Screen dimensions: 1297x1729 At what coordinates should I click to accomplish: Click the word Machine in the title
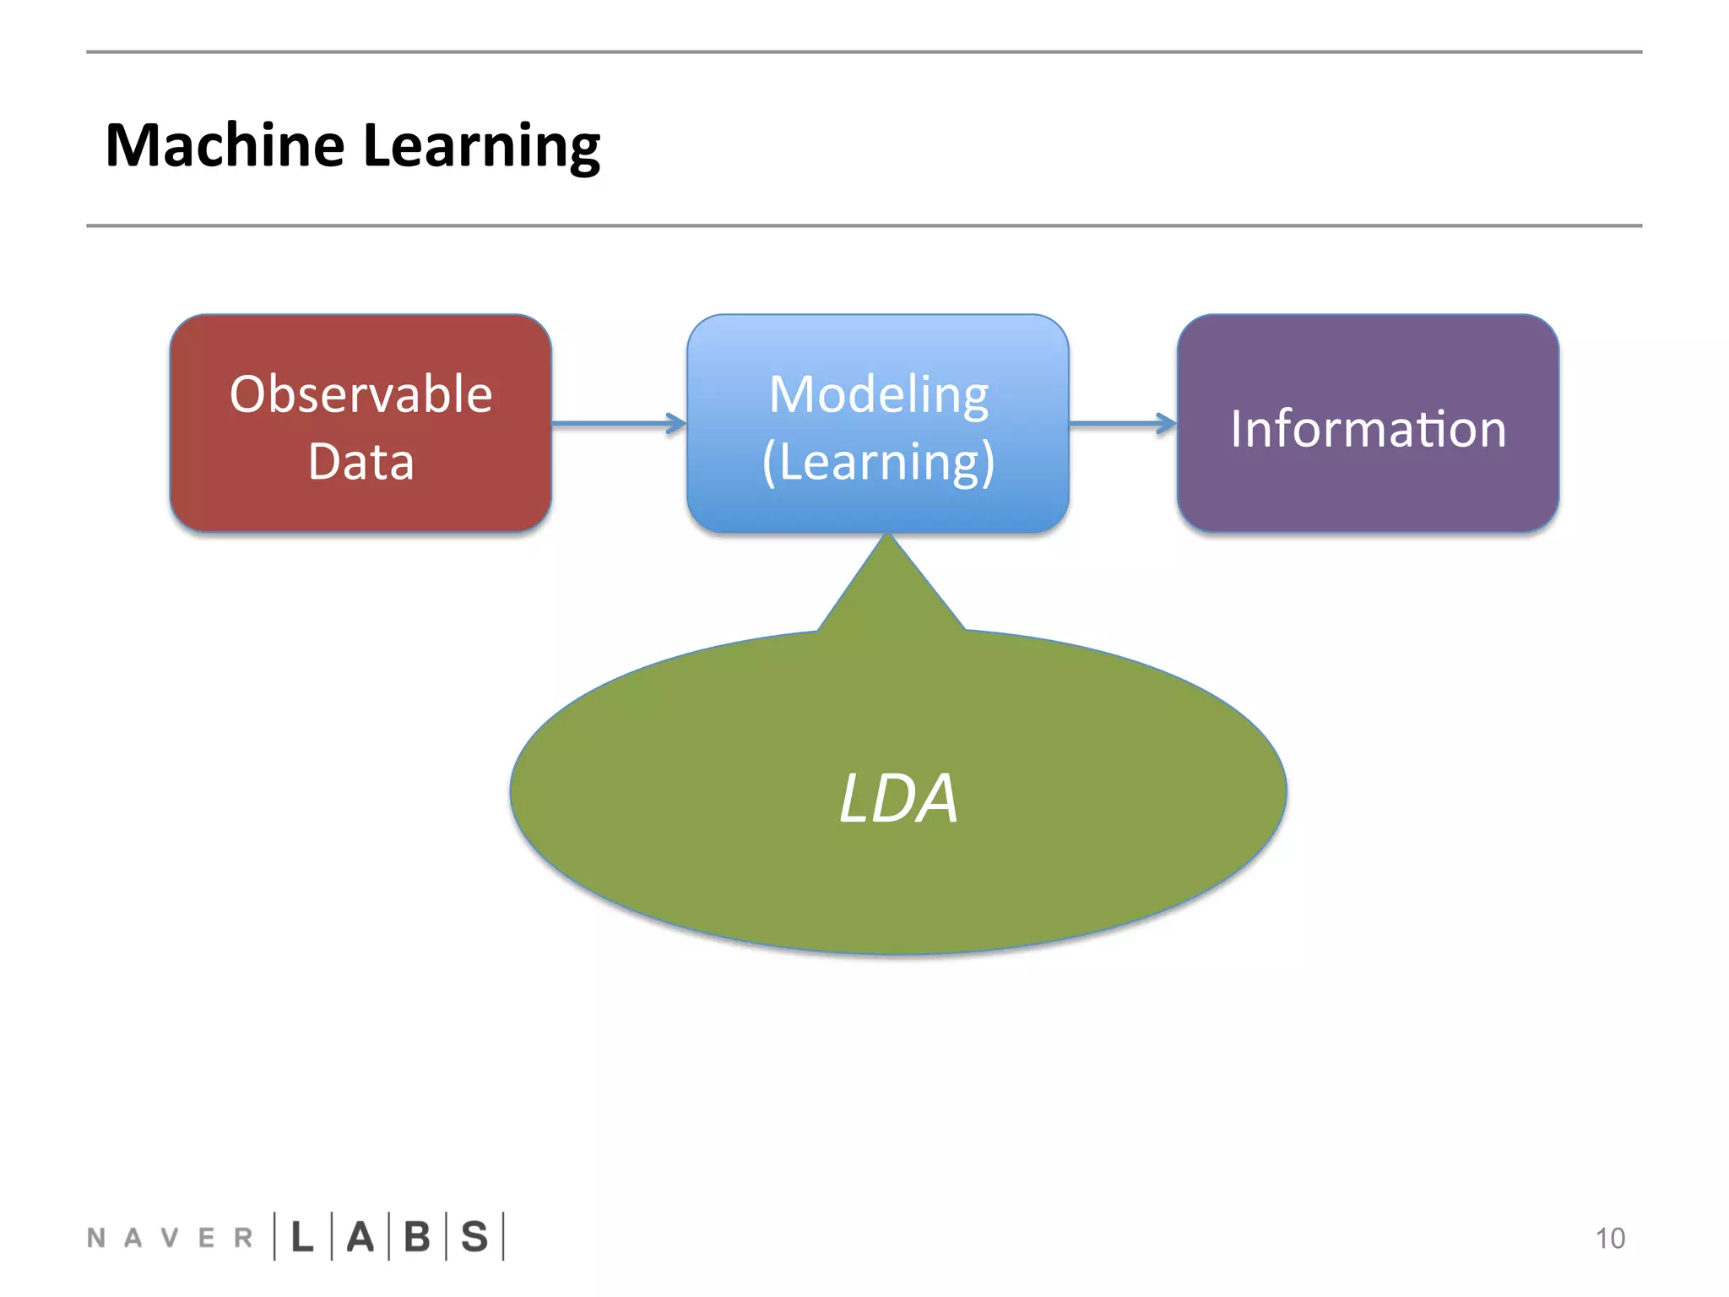[225, 145]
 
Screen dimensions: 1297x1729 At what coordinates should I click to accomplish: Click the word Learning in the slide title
[481, 145]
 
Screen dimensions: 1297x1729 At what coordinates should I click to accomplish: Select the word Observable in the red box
[360, 394]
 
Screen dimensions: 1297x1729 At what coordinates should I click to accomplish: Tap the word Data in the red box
[360, 462]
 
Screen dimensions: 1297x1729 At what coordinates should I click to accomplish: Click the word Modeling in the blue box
[878, 394]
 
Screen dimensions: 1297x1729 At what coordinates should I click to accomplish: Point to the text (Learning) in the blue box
[878, 462]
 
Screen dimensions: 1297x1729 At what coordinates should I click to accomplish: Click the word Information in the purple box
[1368, 429]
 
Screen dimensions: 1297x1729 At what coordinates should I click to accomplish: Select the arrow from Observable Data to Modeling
[619, 423]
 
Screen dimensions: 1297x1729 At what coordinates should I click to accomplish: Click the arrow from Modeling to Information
[1123, 423]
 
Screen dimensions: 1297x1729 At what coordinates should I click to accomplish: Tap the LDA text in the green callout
[898, 798]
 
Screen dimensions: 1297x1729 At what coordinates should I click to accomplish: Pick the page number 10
[1609, 1238]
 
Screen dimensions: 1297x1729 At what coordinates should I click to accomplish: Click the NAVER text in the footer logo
[169, 1238]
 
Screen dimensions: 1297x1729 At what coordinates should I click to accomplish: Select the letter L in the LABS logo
[302, 1237]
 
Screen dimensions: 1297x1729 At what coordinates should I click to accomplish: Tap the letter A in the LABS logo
[360, 1237]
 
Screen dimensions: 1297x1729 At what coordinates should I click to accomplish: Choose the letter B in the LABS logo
[417, 1237]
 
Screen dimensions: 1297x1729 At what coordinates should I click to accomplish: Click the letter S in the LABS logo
[474, 1237]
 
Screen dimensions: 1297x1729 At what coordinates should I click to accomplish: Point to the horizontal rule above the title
[864, 52]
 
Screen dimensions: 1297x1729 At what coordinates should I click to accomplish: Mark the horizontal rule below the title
[864, 225]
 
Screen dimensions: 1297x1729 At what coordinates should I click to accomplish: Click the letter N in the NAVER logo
[96, 1238]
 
